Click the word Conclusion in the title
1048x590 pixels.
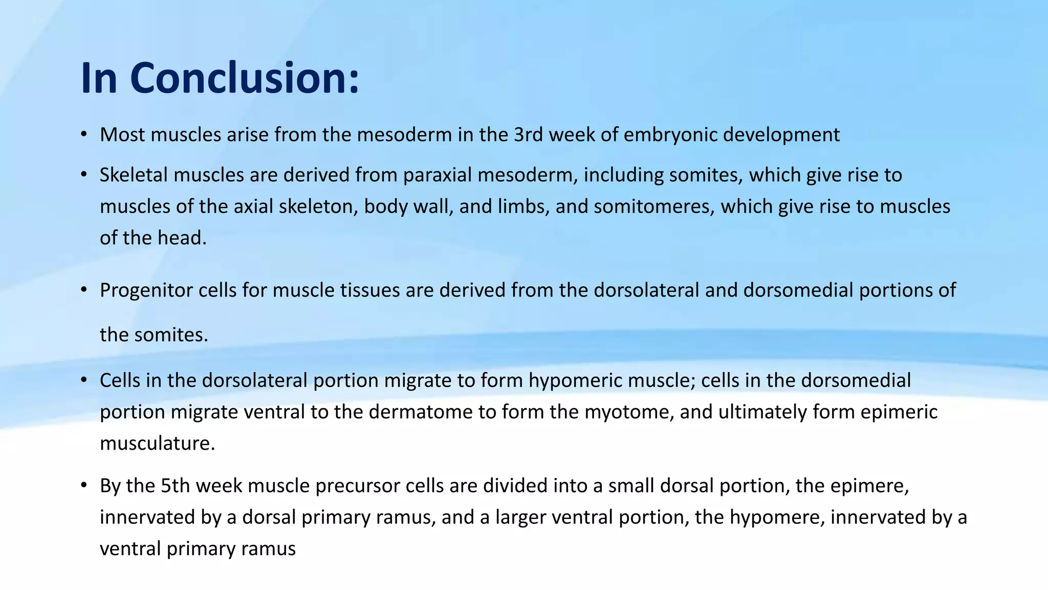(245, 78)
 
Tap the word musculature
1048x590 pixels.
(157, 443)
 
